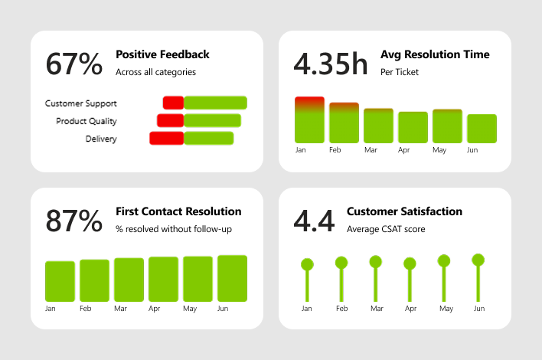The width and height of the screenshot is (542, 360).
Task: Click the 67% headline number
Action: (74, 64)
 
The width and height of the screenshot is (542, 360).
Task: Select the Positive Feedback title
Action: (162, 54)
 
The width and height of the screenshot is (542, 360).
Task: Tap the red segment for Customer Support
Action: (173, 103)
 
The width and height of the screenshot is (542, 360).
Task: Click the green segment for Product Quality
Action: (212, 120)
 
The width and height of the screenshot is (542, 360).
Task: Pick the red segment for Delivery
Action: (166, 138)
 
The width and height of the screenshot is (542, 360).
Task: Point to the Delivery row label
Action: (101, 139)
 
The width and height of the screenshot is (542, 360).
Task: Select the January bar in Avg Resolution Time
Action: (309, 120)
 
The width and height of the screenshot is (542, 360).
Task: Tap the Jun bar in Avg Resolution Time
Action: (482, 129)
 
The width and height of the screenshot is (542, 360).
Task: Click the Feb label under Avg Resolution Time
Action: (335, 150)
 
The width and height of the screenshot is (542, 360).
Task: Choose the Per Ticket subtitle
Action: (399, 72)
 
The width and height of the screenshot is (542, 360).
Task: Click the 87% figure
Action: (74, 221)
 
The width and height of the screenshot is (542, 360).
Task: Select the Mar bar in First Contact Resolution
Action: (129, 279)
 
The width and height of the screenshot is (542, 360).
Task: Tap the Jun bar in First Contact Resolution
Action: (232, 277)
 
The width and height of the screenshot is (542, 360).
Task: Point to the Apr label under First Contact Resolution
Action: (154, 309)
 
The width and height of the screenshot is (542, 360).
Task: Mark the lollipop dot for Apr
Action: (410, 263)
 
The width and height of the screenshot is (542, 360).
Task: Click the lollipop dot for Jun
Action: (478, 260)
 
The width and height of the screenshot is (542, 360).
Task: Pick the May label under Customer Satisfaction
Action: (446, 309)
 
